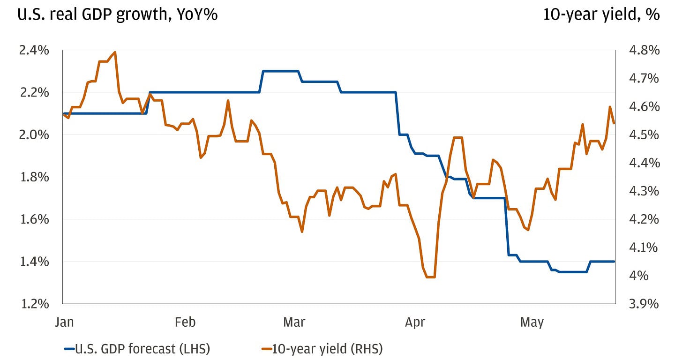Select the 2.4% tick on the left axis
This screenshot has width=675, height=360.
[x=34, y=50]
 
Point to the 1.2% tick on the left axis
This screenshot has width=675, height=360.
[x=34, y=304]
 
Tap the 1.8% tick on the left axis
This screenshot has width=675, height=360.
[x=34, y=177]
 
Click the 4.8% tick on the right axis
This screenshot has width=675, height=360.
[x=644, y=50]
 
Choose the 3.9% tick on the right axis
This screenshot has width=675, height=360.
[x=644, y=304]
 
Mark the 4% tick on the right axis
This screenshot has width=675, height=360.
[x=638, y=276]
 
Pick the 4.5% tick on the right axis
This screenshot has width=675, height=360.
[x=644, y=135]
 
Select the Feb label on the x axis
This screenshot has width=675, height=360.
[x=185, y=322]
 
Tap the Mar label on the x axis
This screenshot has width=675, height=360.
[x=294, y=322]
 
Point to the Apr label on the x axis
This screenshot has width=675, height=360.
[x=415, y=322]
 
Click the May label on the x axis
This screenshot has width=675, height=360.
[x=532, y=322]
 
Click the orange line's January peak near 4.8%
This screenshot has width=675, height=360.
[x=115, y=52]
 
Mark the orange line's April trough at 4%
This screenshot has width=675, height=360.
[x=430, y=277]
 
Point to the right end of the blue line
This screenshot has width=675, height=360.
[x=614, y=262]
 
